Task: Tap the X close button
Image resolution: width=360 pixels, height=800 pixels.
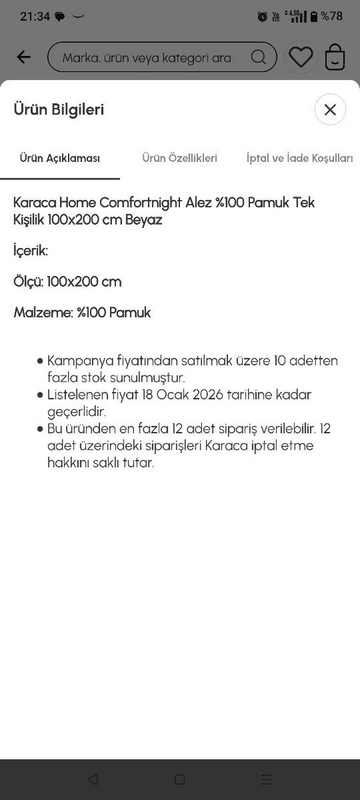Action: [x=330, y=109]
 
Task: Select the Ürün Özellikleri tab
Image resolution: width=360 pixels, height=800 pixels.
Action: [x=179, y=158]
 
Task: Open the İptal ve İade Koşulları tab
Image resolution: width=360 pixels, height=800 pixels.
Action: [x=300, y=158]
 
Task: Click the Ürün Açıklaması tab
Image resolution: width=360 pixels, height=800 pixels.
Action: [x=60, y=158]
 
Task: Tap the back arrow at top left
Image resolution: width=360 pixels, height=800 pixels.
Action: [x=24, y=57]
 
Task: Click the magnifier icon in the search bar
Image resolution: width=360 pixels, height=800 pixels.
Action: [x=258, y=57]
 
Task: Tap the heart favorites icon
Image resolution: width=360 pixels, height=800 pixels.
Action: [x=300, y=57]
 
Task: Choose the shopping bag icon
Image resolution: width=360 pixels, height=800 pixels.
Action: [x=335, y=57]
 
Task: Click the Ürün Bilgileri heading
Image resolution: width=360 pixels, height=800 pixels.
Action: [x=59, y=109]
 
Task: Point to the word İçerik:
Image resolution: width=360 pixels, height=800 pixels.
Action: [x=30, y=251]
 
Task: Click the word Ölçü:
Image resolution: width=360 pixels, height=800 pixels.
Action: [x=28, y=282]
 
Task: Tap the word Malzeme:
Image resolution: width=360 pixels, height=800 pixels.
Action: [x=43, y=313]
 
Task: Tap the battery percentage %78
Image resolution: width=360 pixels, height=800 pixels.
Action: [x=332, y=16]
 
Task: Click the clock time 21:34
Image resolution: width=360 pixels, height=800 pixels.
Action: [x=34, y=16]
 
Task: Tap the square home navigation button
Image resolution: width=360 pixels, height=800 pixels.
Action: [x=179, y=779]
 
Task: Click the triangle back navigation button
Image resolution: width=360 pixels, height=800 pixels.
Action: [x=93, y=779]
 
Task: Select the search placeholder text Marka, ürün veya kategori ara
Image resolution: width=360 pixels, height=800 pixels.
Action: [x=146, y=58]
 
